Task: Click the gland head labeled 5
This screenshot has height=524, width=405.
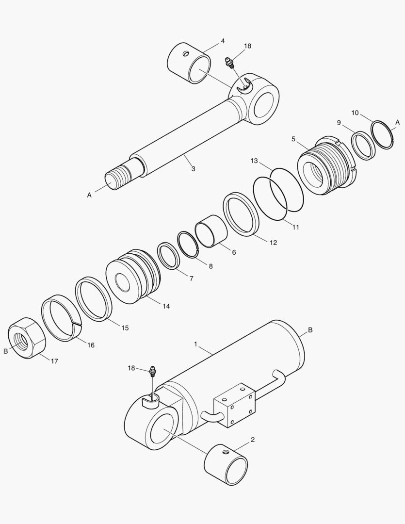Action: (x=324, y=165)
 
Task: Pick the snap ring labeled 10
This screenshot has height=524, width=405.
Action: (x=382, y=135)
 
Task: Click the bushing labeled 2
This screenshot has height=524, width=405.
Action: (x=226, y=464)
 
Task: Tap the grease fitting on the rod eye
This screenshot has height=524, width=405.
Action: (x=229, y=63)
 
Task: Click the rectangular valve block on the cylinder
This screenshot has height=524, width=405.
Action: (x=234, y=405)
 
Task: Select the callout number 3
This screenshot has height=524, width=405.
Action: (x=193, y=169)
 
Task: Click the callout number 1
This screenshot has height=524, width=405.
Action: (x=195, y=344)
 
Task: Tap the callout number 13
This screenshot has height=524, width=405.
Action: (x=254, y=161)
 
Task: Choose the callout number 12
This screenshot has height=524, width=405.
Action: (x=273, y=243)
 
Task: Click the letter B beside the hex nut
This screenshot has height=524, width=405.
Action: (x=6, y=351)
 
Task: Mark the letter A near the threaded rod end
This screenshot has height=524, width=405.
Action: (x=89, y=195)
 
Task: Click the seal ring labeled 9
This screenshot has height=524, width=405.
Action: (x=363, y=145)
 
